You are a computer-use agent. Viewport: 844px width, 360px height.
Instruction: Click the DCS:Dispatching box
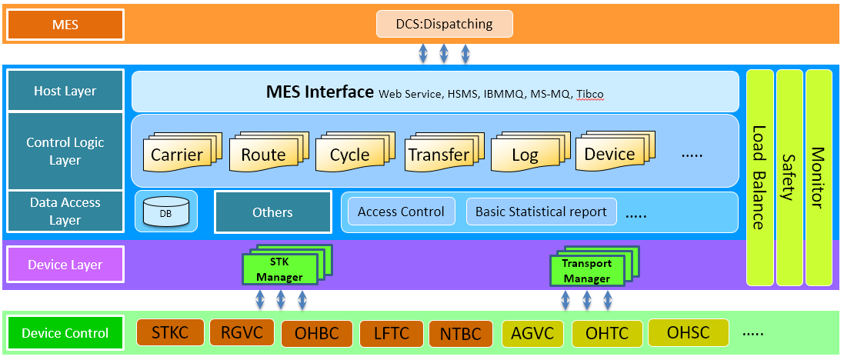tap(444, 24)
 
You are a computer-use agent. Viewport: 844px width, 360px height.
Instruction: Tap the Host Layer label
tap(65, 91)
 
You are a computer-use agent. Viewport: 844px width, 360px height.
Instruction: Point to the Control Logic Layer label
tap(65, 152)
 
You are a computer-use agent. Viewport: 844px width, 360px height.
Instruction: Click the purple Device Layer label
tap(65, 265)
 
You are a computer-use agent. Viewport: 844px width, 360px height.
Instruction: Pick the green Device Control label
tap(65, 333)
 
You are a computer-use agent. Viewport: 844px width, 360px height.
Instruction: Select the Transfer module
tap(438, 154)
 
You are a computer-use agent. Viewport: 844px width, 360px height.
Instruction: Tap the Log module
tap(525, 154)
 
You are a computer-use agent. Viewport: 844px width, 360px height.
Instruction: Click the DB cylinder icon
tap(166, 212)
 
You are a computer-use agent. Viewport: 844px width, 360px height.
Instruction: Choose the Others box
tap(272, 212)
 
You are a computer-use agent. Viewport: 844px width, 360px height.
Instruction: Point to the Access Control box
tap(401, 212)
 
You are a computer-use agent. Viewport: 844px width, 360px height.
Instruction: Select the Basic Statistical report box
tap(541, 212)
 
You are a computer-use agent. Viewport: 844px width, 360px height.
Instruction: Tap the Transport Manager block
tap(586, 272)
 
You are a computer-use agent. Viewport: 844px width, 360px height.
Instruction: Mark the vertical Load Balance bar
tap(759, 177)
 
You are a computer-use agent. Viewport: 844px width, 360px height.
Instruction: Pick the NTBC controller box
tap(460, 334)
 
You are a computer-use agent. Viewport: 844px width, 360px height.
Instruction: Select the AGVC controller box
tap(532, 333)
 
